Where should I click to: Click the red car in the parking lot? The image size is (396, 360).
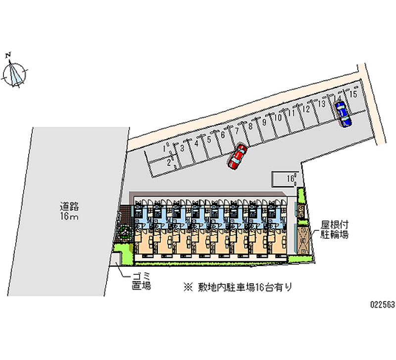[237, 157]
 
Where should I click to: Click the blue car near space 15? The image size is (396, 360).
[342, 114]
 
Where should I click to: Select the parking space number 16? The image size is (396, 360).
[290, 177]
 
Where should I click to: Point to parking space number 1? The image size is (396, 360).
[164, 148]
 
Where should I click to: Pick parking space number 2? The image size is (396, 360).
[168, 162]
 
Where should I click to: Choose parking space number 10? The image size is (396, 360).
[279, 117]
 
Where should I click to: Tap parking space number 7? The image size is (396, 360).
[237, 131]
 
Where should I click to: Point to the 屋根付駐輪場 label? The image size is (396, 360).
[335, 229]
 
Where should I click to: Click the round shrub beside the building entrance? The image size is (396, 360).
[123, 233]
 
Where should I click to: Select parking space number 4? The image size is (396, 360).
[196, 144]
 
